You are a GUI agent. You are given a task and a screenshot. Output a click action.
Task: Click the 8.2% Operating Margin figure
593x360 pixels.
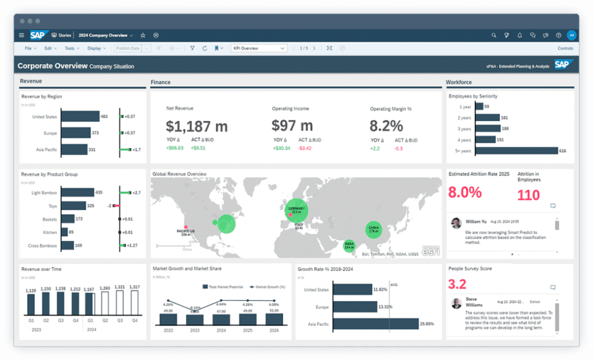[386, 126]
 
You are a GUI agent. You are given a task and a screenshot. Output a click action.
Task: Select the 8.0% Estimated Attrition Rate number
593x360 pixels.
[465, 193]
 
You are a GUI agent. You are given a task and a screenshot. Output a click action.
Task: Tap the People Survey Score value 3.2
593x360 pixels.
[457, 284]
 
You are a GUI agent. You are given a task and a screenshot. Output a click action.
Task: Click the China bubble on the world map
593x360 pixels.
[374, 230]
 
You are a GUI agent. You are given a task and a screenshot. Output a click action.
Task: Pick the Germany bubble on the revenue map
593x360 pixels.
[296, 211]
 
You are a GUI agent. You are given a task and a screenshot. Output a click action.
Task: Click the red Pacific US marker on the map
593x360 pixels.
[186, 227]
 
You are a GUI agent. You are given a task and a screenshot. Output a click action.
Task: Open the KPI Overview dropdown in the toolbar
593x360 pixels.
[259, 49]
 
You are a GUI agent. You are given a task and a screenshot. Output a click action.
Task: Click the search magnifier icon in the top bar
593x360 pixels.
[494, 35]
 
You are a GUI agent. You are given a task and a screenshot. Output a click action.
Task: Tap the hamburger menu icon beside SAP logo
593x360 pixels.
[21, 35]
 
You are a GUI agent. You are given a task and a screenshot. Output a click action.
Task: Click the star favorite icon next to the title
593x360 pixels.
[143, 35]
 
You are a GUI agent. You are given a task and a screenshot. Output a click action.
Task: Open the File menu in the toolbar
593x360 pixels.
[29, 49]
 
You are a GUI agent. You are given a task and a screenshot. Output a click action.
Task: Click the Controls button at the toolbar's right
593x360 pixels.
[565, 49]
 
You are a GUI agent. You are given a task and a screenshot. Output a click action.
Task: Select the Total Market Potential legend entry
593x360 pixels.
[223, 286]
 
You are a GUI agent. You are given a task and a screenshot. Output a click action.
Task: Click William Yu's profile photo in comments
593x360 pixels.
[456, 222]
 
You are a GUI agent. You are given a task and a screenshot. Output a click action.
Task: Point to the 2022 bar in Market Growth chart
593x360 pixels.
[168, 319]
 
